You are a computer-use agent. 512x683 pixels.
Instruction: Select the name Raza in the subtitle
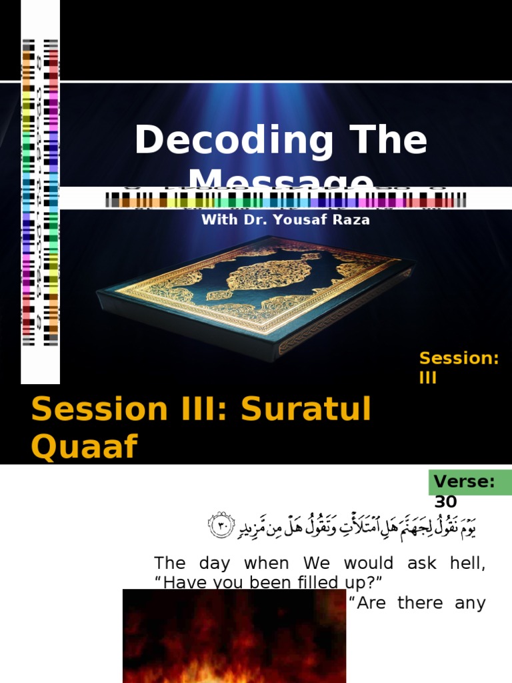[352, 219]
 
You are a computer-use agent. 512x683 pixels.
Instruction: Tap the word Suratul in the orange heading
[306, 409]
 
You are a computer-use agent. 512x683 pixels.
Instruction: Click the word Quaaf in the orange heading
[84, 447]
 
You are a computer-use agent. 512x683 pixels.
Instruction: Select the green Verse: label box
[471, 482]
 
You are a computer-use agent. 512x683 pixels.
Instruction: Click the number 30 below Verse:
[445, 502]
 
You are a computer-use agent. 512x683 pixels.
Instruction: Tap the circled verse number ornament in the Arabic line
[221, 526]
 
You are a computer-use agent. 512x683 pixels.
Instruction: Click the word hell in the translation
[469, 563]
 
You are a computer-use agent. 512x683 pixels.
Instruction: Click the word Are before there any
[368, 603]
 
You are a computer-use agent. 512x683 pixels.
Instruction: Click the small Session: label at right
[459, 358]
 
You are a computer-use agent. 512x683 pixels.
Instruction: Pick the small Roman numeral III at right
[427, 378]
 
